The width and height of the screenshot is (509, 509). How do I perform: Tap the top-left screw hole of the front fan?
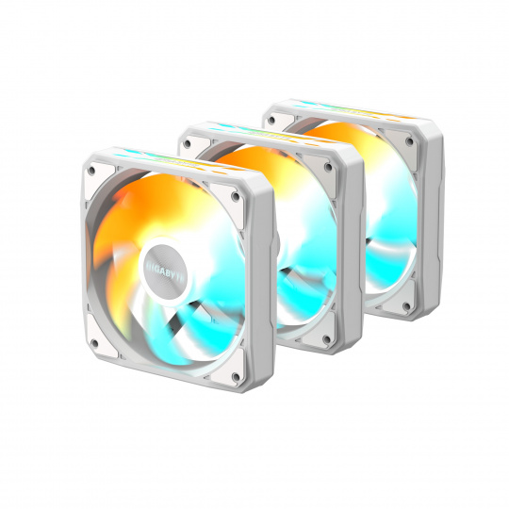tap(91, 170)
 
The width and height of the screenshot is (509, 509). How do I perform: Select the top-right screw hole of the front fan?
tap(236, 196)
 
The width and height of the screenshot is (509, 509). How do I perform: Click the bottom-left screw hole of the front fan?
tap(94, 343)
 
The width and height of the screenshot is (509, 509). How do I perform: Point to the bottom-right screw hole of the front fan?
tap(236, 376)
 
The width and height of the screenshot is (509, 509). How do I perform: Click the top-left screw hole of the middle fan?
tap(189, 143)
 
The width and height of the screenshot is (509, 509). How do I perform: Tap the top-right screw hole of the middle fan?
tap(328, 167)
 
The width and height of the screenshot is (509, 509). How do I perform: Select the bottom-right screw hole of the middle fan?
tap(327, 339)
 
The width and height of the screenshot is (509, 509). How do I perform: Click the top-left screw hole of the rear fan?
tap(271, 121)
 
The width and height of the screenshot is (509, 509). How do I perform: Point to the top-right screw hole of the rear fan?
tap(410, 141)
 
